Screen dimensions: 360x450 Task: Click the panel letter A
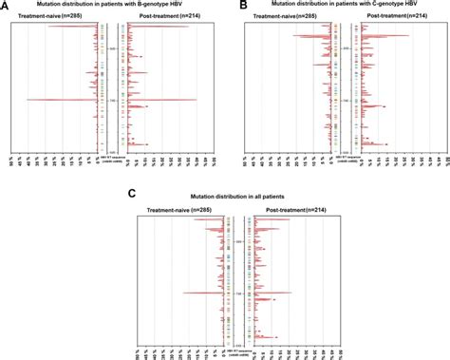(x=6, y=6)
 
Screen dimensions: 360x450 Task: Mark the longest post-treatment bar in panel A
(x=161, y=100)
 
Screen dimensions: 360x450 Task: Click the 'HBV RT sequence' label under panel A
(x=110, y=157)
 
